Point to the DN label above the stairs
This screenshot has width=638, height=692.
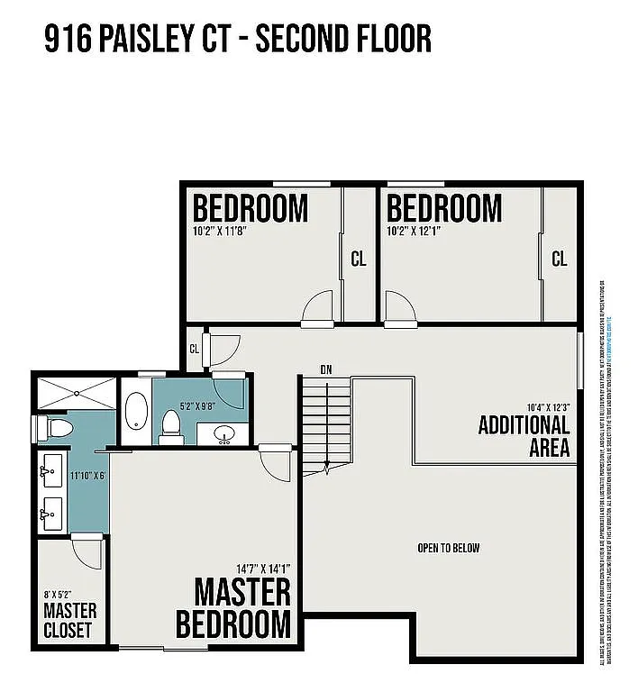(x=326, y=369)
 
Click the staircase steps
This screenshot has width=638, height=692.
(x=325, y=423)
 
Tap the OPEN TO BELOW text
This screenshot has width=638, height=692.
(x=448, y=548)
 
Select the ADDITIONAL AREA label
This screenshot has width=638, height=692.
(x=524, y=436)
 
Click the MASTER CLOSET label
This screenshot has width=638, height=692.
(x=69, y=621)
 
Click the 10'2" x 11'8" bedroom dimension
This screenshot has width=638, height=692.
(x=220, y=231)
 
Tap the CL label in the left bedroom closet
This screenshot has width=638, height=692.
(x=359, y=259)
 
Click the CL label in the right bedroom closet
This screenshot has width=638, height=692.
(x=560, y=259)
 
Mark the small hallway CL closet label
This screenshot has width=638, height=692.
(x=194, y=349)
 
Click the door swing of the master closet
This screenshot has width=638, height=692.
(x=87, y=546)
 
